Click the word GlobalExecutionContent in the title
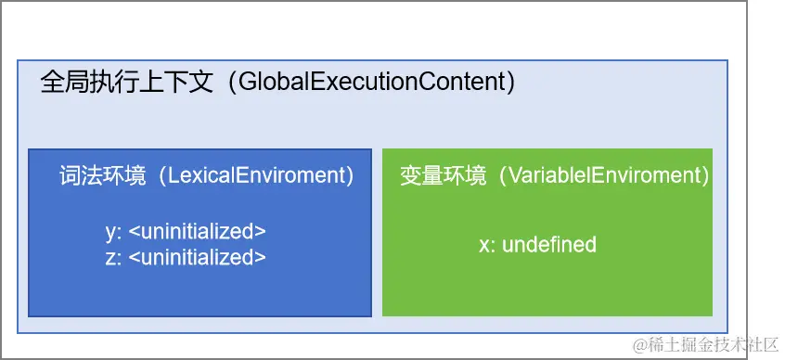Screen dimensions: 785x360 (371, 82)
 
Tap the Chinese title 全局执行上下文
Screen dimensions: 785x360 (127, 83)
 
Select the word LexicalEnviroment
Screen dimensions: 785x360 (257, 175)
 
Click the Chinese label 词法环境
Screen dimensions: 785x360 (103, 176)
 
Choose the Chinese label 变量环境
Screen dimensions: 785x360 (443, 176)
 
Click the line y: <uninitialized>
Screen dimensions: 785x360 (186, 232)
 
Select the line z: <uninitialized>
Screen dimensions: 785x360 (186, 257)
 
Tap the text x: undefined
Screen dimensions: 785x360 (537, 245)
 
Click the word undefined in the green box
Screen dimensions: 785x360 (549, 245)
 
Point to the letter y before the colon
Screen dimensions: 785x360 (110, 233)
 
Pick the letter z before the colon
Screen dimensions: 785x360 (110, 258)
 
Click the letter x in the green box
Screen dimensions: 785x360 (484, 247)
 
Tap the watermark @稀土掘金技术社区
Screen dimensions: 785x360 (704, 344)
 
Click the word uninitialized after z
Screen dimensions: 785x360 (198, 257)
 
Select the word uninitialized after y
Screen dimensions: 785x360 (198, 232)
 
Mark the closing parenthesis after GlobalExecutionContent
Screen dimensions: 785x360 (510, 83)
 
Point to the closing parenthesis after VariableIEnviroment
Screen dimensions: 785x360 (705, 176)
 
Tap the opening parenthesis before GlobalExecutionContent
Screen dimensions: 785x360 (233, 83)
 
